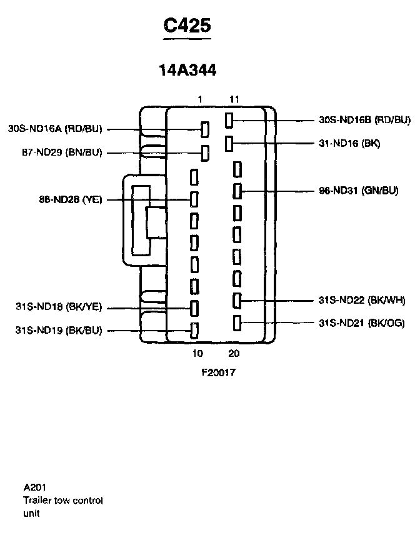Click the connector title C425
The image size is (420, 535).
tap(187, 26)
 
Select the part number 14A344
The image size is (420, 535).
tap(187, 71)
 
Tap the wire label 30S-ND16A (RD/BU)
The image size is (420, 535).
tap(55, 129)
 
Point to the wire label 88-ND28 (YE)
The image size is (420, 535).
tap(69, 200)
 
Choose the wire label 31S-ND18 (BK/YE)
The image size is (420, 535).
tap(59, 307)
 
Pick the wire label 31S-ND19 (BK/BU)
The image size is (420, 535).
tap(59, 330)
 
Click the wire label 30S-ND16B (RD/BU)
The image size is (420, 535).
tap(364, 119)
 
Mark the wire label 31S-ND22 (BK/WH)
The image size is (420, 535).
tap(361, 301)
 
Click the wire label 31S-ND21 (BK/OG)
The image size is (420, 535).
tap(361, 323)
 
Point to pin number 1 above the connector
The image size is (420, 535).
tap(199, 99)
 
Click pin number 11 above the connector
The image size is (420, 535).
tap(234, 99)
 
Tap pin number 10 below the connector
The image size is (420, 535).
tap(197, 354)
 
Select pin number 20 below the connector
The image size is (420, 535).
tap(234, 354)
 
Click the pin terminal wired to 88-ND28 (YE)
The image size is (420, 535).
tap(194, 200)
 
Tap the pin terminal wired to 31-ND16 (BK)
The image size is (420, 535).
tap(229, 144)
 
